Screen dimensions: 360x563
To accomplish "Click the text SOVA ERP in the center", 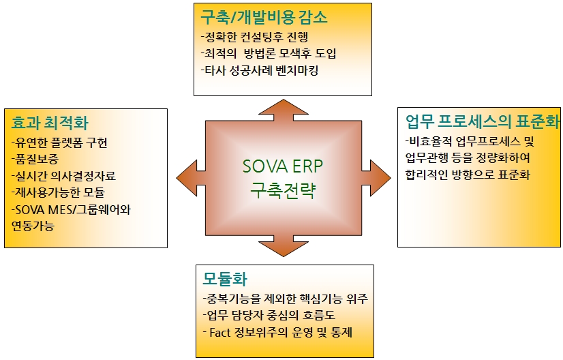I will [282, 167].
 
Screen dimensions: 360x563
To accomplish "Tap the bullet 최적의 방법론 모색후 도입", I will [269, 53].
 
